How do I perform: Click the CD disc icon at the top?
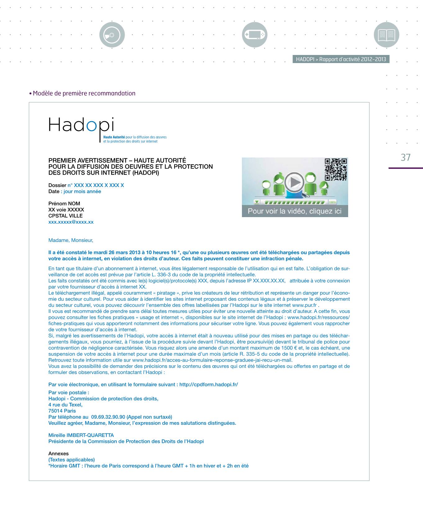click(112, 35)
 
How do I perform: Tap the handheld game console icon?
click(255, 35)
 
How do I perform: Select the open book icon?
click(386, 35)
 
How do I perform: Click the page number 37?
click(406, 157)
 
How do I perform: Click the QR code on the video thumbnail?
click(336, 169)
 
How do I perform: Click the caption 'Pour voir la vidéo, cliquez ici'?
click(294, 211)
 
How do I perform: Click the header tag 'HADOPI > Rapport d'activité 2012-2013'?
click(341, 59)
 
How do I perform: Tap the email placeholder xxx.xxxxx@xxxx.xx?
click(71, 222)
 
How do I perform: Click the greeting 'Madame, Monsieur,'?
click(71, 240)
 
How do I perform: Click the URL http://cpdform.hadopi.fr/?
click(209, 385)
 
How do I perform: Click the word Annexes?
click(58, 453)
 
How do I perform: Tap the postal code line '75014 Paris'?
click(62, 411)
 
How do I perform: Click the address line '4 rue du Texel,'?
click(66, 405)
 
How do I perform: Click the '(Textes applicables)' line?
click(72, 460)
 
